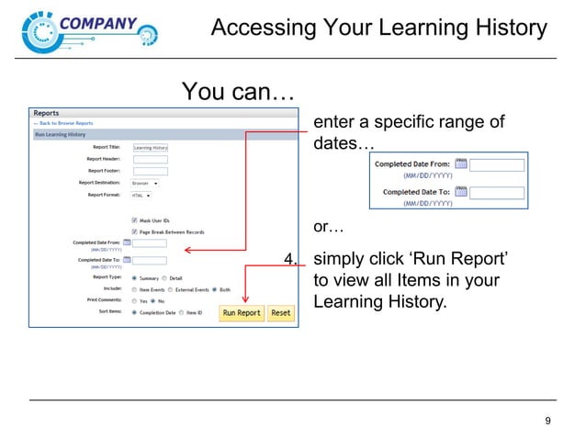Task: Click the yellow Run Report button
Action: tap(242, 313)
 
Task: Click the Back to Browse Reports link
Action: tap(64, 123)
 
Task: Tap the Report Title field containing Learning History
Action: tap(151, 147)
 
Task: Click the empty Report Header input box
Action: tap(151, 159)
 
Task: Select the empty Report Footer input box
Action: tap(151, 171)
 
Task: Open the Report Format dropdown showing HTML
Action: tap(142, 195)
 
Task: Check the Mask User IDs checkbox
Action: tap(135, 220)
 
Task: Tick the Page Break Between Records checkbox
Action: tap(135, 231)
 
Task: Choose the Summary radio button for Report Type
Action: tap(135, 277)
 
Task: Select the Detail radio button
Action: tap(164, 277)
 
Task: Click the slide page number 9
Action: tap(548, 422)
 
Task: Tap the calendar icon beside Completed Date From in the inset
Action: tap(462, 164)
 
